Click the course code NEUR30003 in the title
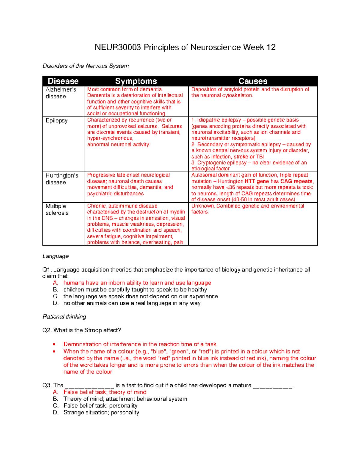118,47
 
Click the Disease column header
63,81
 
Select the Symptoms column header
136,81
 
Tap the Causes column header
253,81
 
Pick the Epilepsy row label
56,121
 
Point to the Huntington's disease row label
61,179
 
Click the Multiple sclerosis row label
57,209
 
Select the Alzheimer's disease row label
61,93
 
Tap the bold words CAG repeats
296,181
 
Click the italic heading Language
55,256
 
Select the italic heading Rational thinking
64,317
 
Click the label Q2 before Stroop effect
47,330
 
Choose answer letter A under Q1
55,283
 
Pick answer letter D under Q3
55,413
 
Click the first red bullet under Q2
54,344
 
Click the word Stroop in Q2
93,330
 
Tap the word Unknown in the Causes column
203,206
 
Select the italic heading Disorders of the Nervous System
85,66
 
